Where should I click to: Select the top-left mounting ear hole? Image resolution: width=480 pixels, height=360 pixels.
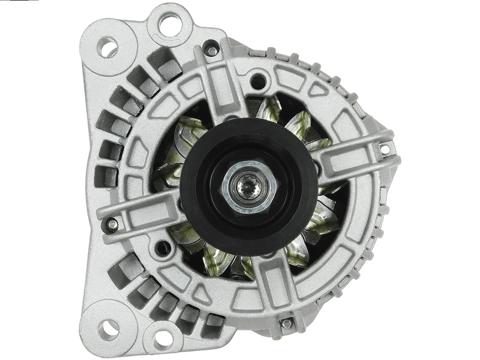pyautogui.click(x=107, y=47)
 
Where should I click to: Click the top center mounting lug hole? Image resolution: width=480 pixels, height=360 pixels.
pyautogui.click(x=170, y=25)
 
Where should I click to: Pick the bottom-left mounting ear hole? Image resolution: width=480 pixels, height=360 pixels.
pyautogui.click(x=109, y=328)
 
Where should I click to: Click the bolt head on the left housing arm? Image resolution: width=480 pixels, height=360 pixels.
pyautogui.click(x=112, y=225)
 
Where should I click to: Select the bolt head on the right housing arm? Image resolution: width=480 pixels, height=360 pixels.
pyautogui.click(x=384, y=148)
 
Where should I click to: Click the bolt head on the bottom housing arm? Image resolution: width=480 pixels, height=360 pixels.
pyautogui.click(x=286, y=323)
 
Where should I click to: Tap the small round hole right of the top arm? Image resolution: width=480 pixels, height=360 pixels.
pyautogui.click(x=258, y=81)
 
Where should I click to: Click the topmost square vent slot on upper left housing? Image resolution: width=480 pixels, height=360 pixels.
pyautogui.click(x=165, y=63)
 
